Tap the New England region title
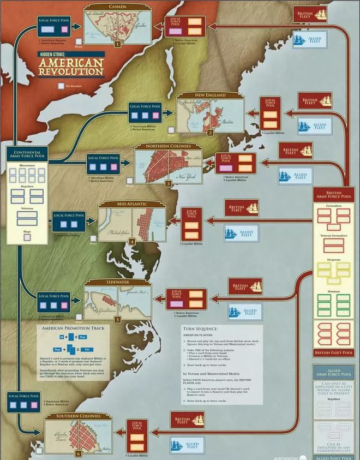210,95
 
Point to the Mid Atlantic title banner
131,204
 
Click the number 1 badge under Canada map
117,44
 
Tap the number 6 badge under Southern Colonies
79,453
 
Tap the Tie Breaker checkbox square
60,86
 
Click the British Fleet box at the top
310,14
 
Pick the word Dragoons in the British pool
335,261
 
